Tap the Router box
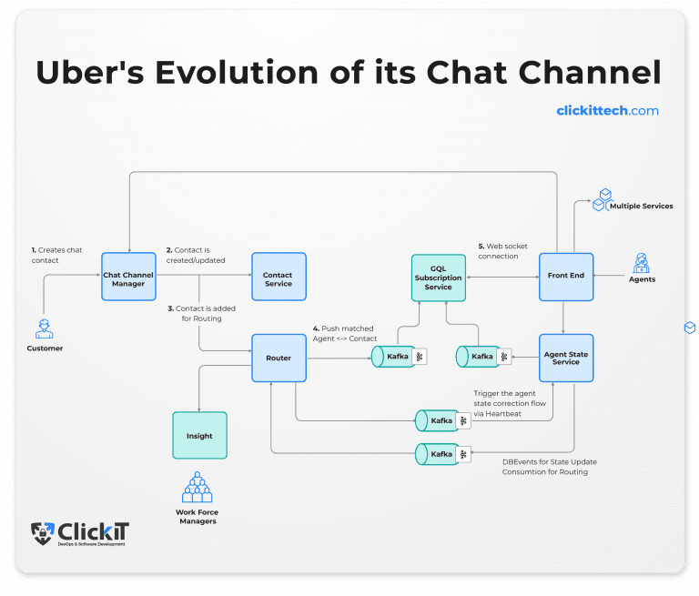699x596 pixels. pyautogui.click(x=279, y=358)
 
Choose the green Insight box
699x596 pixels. pyautogui.click(x=199, y=436)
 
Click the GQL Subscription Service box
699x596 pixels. pyautogui.click(x=438, y=278)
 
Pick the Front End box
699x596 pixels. pyautogui.click(x=565, y=277)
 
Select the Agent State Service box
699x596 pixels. pyautogui.click(x=565, y=358)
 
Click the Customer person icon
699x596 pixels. pyautogui.click(x=45, y=328)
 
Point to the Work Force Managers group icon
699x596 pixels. pyautogui.click(x=197, y=488)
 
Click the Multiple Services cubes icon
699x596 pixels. pyautogui.click(x=604, y=200)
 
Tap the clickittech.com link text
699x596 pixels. pyautogui.click(x=607, y=111)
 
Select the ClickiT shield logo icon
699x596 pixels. pyautogui.click(x=42, y=534)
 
